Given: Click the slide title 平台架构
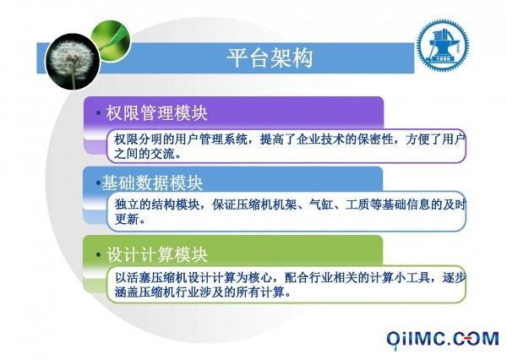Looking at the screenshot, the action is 270,58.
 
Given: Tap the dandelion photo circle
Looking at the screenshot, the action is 73,62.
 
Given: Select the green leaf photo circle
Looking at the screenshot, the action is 111,41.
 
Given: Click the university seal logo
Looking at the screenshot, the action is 442,45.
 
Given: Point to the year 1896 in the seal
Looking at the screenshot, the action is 443,59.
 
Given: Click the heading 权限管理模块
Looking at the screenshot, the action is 156,113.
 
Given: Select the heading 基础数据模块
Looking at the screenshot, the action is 152,183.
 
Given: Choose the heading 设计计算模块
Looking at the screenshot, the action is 157,254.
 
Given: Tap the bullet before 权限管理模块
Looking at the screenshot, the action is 98,113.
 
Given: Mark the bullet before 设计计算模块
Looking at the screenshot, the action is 98,254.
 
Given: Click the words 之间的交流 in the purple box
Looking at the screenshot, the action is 144,154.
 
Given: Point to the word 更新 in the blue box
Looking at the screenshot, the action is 127,219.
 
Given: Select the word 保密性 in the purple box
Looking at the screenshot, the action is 375,139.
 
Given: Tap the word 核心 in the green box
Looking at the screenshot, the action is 260,277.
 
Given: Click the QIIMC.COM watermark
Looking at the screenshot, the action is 443,340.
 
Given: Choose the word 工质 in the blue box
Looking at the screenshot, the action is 357,205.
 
